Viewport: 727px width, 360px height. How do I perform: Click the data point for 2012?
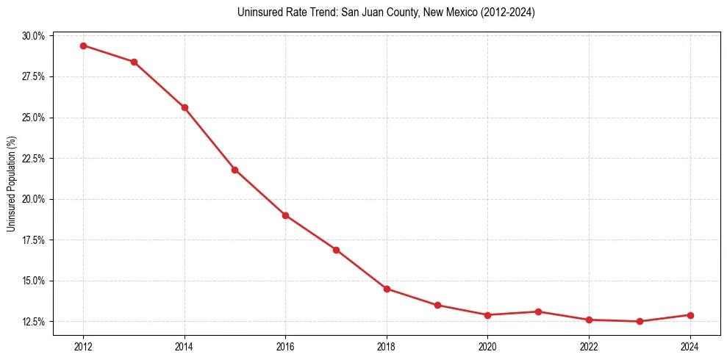(83, 46)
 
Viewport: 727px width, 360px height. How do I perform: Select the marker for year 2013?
(134, 62)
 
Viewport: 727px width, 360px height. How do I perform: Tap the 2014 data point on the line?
(185, 107)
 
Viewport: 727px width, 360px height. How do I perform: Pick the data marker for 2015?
(234, 170)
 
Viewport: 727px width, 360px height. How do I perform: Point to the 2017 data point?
(336, 250)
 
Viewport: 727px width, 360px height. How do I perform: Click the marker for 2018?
(387, 289)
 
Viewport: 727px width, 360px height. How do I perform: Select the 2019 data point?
(437, 305)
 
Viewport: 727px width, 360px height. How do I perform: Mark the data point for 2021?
(538, 312)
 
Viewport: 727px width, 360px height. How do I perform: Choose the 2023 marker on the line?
(640, 321)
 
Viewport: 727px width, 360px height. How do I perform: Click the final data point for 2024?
(690, 315)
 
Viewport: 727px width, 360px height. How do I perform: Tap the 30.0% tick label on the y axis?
(34, 36)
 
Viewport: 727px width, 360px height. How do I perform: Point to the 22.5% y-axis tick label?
(34, 159)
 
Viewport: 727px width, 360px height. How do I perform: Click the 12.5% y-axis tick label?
(34, 322)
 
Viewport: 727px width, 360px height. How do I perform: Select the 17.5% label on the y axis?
(34, 240)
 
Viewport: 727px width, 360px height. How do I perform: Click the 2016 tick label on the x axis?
(285, 347)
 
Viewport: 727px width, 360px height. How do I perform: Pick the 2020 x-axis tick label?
(487, 347)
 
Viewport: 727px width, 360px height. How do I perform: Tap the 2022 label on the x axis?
(589, 347)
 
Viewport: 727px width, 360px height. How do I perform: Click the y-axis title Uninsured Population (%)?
(12, 184)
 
